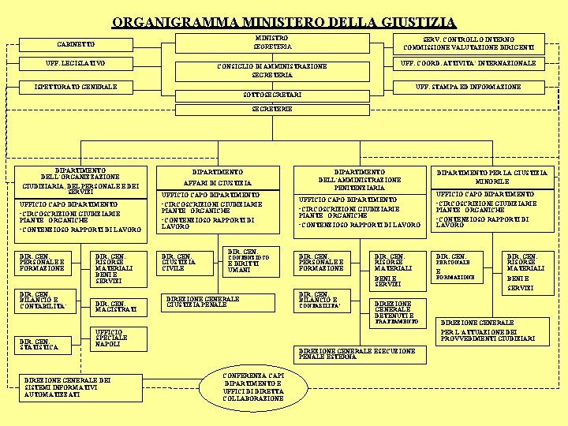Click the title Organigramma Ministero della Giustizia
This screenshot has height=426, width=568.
pos(283,21)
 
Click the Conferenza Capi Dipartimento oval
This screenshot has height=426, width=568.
pos(253,387)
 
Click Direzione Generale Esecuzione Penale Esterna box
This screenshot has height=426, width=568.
pos(359,354)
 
